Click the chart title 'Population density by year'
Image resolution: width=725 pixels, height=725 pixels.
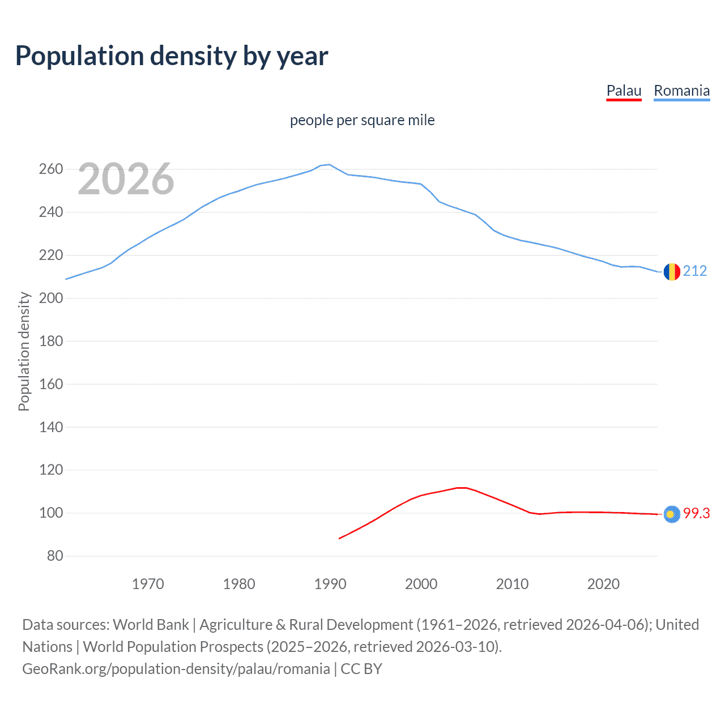pos(172,56)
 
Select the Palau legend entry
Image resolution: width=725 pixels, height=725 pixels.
pos(624,91)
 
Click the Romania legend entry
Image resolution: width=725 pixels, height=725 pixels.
pos(681,91)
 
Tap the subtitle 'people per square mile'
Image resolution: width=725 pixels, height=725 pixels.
pos(362,120)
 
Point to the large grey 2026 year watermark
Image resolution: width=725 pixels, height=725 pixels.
pos(126,179)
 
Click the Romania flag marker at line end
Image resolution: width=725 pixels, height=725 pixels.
pos(672,272)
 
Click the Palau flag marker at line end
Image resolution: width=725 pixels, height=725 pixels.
pos(672,514)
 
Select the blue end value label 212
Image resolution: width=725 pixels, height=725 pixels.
pos(695,271)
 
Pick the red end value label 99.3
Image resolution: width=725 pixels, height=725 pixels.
pos(696,513)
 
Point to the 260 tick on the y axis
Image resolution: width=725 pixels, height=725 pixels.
pos(51,169)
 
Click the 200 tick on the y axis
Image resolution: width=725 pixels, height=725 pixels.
pos(51,298)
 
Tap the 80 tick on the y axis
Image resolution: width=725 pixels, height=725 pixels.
pos(55,556)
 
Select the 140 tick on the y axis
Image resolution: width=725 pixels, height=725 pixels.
pos(51,427)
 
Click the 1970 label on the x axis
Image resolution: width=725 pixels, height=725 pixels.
pos(148,584)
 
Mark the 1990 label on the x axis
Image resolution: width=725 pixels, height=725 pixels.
pos(330,584)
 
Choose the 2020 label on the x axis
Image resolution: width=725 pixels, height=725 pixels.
pos(603,584)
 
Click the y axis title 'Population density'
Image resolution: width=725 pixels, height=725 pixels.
pos(24,351)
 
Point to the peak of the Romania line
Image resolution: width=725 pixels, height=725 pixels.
pos(330,165)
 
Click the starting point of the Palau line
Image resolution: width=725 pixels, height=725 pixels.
pos(339,538)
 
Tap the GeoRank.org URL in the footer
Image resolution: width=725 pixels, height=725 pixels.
pos(176,669)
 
